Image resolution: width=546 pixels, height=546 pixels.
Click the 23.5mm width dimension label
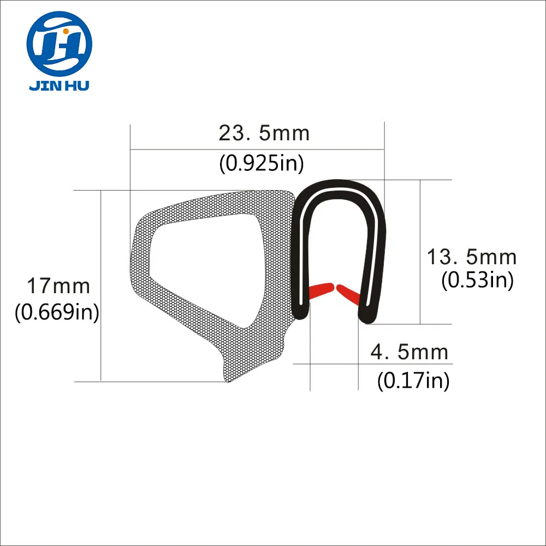264,133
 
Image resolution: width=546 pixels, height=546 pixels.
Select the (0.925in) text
261,163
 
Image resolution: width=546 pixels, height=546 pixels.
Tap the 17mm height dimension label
58,286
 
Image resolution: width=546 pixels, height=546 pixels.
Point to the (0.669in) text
57,313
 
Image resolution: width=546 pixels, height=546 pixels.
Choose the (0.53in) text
477,281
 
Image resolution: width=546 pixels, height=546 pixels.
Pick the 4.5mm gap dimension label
409,352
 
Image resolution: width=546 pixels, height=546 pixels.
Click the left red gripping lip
321,290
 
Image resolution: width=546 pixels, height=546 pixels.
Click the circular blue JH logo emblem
60,45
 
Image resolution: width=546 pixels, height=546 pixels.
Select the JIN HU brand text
60,86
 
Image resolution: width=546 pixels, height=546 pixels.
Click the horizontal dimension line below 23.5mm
257,149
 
